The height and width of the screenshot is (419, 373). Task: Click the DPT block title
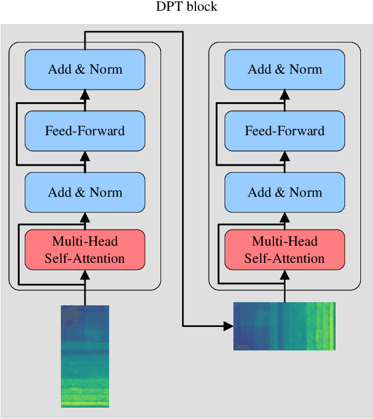point(186,7)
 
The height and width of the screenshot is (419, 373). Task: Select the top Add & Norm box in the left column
point(85,69)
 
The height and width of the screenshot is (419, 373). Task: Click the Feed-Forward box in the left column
point(85,131)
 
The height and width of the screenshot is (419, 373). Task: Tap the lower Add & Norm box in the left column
point(85,192)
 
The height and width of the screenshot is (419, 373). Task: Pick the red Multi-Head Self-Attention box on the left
point(85,249)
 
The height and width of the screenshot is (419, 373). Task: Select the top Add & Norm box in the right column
point(285,69)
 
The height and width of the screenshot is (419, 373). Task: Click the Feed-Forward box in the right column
point(285,131)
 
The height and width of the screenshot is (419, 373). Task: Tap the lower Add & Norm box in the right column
point(285,192)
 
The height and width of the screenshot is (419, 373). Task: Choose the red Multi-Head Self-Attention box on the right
point(285,249)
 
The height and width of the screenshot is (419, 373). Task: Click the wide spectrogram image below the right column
point(284,326)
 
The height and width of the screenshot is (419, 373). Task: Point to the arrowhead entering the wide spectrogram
point(228,326)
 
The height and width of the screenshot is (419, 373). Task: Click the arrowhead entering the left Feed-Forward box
point(85,156)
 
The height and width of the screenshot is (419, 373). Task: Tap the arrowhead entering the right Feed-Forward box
point(285,156)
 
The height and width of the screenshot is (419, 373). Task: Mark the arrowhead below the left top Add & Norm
point(85,95)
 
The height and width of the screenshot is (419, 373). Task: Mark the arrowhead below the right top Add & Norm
point(285,95)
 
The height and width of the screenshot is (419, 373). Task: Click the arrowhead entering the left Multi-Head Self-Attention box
point(85,275)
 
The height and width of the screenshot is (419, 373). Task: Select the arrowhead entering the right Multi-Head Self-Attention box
point(285,275)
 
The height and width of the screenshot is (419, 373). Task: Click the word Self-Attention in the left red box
point(85,258)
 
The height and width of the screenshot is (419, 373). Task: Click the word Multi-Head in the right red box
point(285,241)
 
